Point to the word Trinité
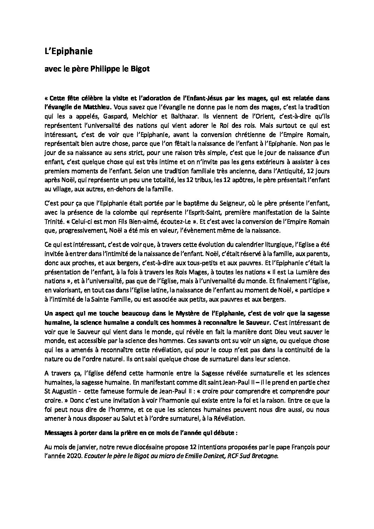coord(55,222)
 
